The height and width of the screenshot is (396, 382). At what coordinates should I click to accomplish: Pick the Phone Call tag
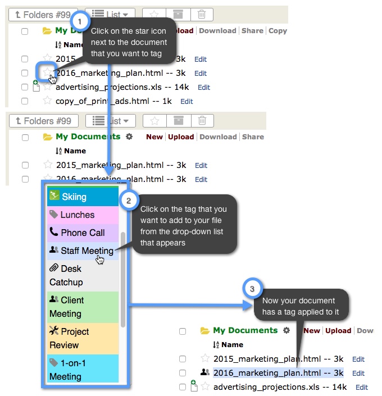click(x=82, y=233)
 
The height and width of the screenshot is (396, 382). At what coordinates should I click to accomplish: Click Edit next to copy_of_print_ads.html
click(x=187, y=102)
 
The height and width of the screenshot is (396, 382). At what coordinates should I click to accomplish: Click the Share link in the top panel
click(x=252, y=31)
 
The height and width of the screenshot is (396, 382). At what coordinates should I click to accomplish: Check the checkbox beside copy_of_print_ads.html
click(x=25, y=101)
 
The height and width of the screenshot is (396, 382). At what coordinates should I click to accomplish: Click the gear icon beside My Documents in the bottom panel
click(x=286, y=330)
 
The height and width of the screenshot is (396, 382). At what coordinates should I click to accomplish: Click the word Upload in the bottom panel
click(x=338, y=331)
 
